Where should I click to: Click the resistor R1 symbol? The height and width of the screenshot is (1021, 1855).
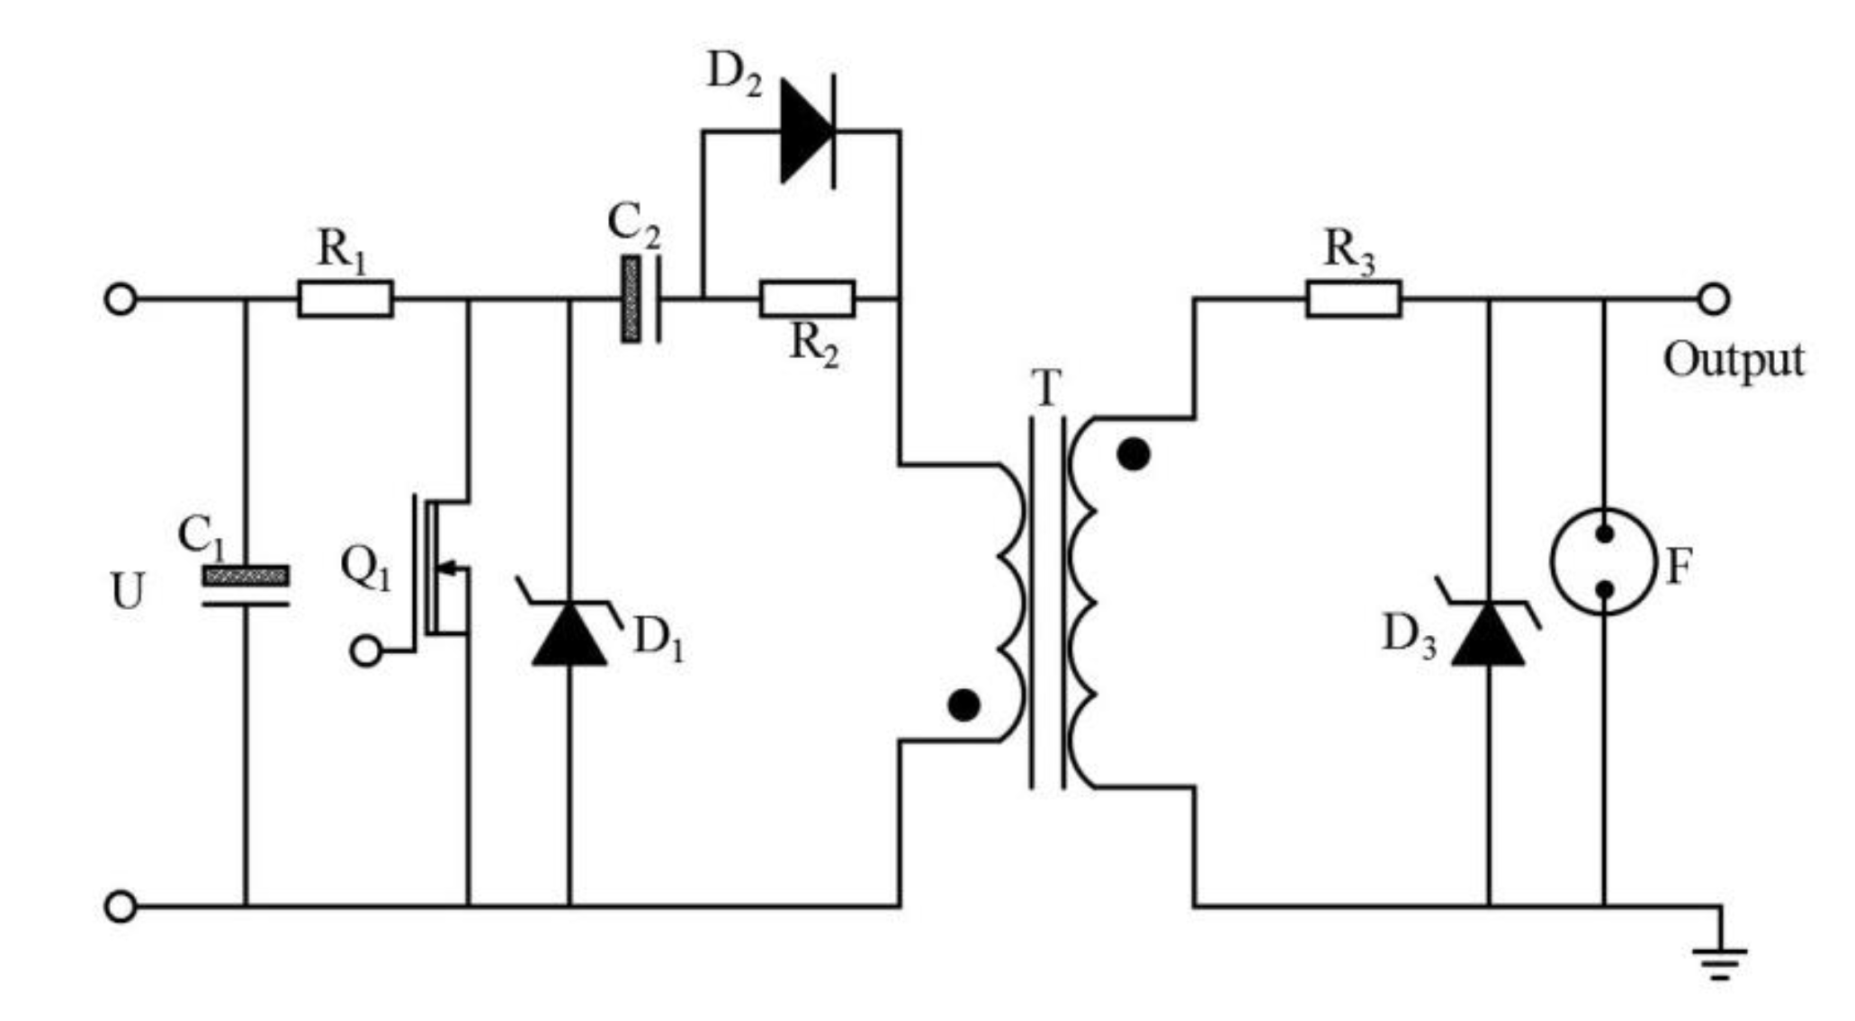pyautogui.click(x=345, y=299)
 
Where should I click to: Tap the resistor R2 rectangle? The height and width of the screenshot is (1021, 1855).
pyautogui.click(x=807, y=299)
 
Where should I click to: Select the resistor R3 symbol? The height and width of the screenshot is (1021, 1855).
pyautogui.click(x=1353, y=299)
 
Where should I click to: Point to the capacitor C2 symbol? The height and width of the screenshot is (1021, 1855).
pyautogui.click(x=641, y=299)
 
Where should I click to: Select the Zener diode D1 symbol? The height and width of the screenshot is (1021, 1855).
pyautogui.click(x=569, y=630)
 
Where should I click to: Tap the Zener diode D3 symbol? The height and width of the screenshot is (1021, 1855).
pyautogui.click(x=1488, y=630)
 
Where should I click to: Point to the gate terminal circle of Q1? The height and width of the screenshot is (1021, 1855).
pyautogui.click(x=366, y=650)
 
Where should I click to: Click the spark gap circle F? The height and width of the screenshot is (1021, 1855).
pyautogui.click(x=1603, y=561)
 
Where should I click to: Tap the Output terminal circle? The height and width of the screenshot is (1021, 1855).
pyautogui.click(x=1713, y=299)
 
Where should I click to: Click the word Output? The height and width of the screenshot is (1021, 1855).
pyautogui.click(x=1733, y=360)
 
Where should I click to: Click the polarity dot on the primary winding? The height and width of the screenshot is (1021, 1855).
pyautogui.click(x=963, y=705)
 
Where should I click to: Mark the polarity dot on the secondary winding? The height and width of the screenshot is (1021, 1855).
pyautogui.click(x=1133, y=454)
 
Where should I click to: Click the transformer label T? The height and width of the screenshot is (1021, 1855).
pyautogui.click(x=1046, y=389)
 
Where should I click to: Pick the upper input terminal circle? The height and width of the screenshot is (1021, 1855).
pyautogui.click(x=121, y=299)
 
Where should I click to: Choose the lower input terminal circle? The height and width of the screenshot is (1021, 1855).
pyautogui.click(x=121, y=906)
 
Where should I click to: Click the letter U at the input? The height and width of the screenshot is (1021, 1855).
pyautogui.click(x=127, y=592)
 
